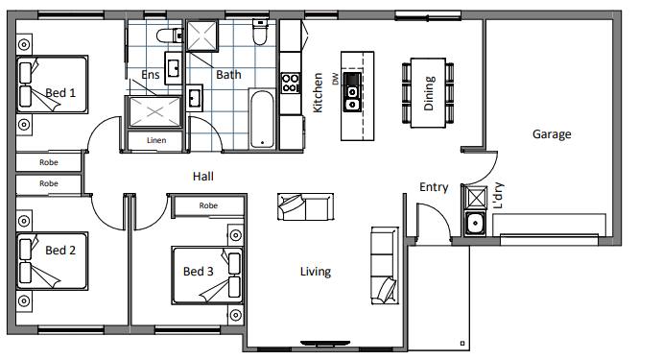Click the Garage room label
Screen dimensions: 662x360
(552, 134)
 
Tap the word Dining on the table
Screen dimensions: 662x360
(429, 93)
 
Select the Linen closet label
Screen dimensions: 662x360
(156, 140)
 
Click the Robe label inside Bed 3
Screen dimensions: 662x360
(208, 205)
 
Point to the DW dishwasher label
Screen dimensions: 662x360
(336, 79)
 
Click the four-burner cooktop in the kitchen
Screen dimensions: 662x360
(291, 83)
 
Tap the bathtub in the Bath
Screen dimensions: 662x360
(262, 119)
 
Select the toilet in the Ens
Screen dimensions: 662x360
(170, 36)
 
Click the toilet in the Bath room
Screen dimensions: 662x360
(260, 32)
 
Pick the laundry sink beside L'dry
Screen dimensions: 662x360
(475, 223)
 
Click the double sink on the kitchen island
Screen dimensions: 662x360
(352, 92)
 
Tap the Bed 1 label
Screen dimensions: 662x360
(60, 93)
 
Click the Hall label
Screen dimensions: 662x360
(203, 177)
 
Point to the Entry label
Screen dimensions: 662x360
(434, 187)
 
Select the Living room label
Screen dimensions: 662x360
(316, 272)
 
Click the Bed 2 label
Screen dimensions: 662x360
(60, 251)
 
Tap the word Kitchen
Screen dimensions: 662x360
(318, 93)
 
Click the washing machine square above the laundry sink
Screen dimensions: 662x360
(475, 198)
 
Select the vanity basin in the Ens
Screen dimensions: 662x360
(173, 68)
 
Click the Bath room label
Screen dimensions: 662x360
(229, 75)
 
